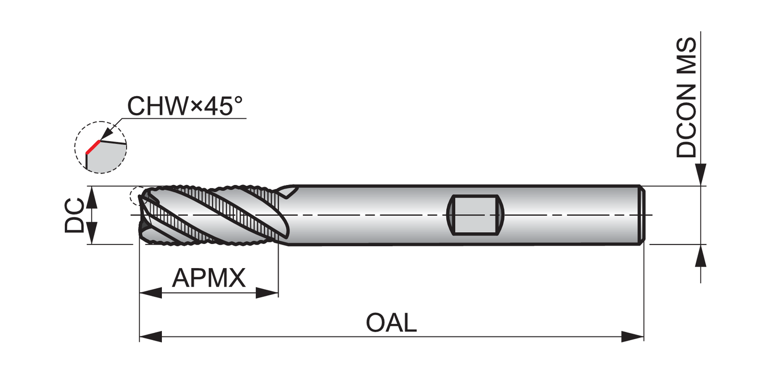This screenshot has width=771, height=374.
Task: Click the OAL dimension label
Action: tap(391, 323)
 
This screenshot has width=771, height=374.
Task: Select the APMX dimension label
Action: tap(209, 277)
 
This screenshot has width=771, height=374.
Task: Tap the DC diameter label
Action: tap(75, 215)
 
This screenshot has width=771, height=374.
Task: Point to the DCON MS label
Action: tap(686, 98)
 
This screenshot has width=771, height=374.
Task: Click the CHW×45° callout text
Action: tap(185, 106)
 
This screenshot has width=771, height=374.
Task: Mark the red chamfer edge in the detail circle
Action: tap(93, 147)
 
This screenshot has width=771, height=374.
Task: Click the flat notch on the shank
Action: tap(475, 215)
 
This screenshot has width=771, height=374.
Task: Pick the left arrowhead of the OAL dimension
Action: tap(151, 336)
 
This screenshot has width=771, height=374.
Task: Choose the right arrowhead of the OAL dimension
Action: tap(632, 336)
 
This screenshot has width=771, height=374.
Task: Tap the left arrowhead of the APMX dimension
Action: tap(151, 293)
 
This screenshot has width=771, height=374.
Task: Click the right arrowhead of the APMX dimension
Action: tap(267, 293)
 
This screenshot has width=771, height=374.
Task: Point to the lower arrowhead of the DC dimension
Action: tap(91, 233)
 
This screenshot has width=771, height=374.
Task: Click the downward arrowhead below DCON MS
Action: tap(701, 175)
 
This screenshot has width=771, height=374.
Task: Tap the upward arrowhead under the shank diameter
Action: tap(701, 255)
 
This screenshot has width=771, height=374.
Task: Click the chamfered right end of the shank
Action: tap(642, 215)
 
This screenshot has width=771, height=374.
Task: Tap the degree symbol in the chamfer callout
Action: tap(238, 100)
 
